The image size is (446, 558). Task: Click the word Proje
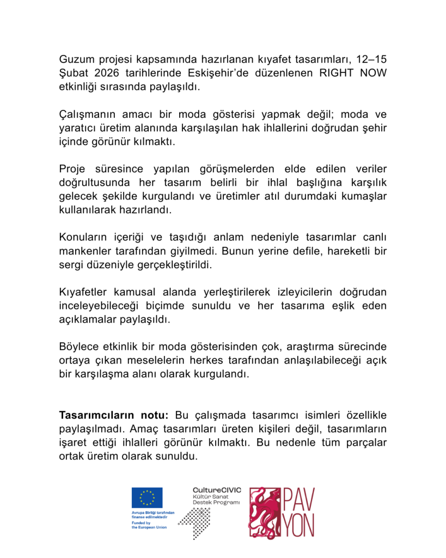(73, 169)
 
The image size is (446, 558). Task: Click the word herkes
(230, 361)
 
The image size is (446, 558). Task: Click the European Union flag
(146, 497)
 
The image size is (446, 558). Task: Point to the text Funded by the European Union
(149, 525)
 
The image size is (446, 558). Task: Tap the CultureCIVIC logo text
(216, 490)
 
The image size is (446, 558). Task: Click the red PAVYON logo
(282, 512)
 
